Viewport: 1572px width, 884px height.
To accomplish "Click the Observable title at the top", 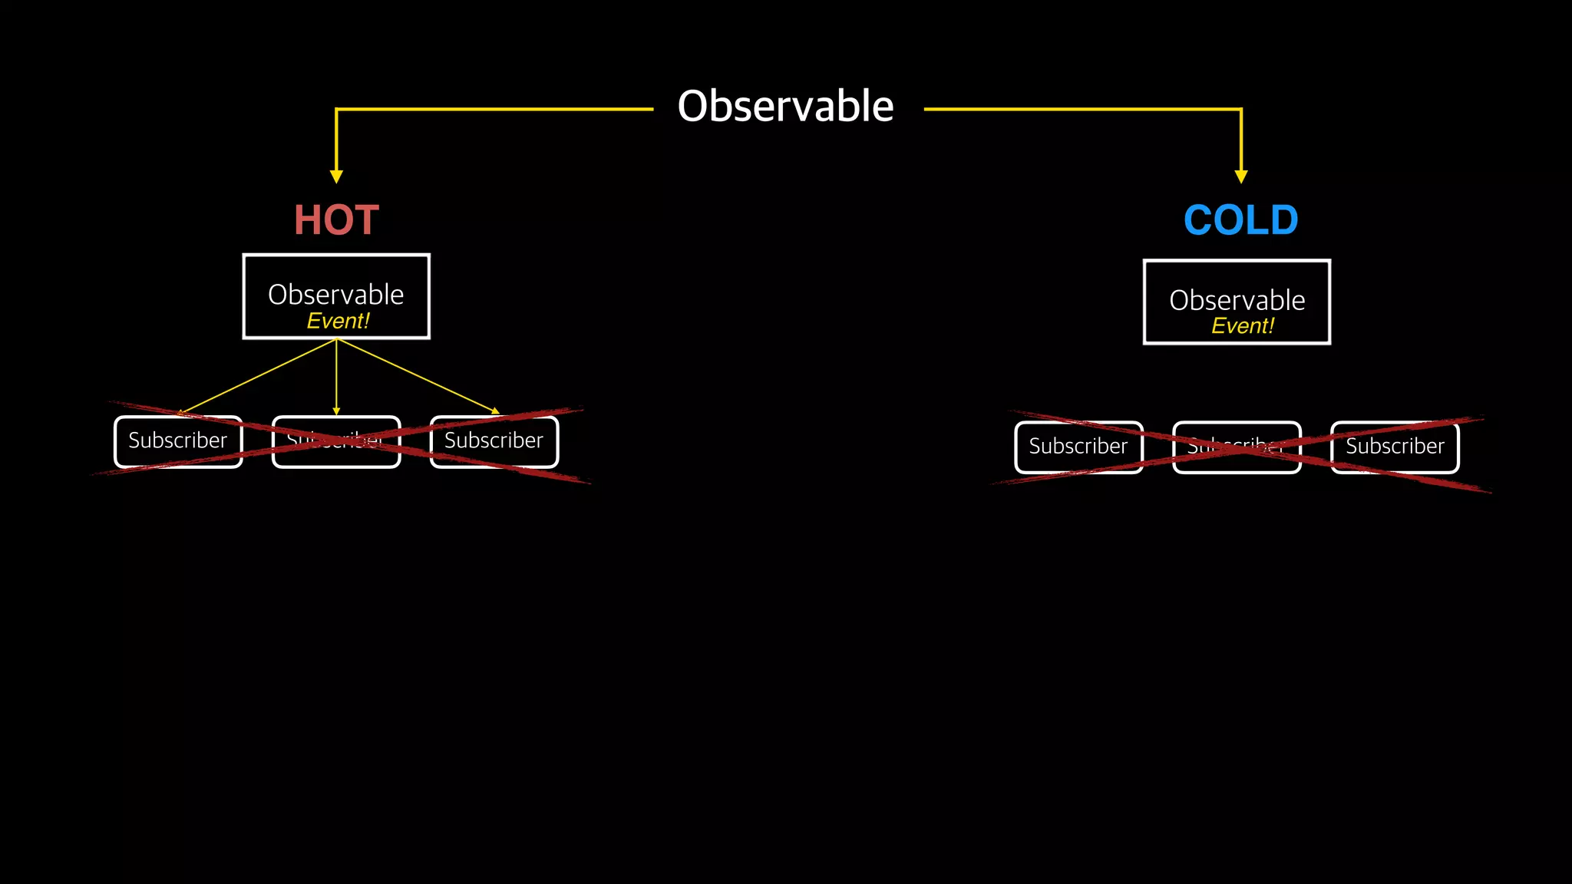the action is point(785,106).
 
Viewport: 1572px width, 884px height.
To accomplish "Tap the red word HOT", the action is point(336,220).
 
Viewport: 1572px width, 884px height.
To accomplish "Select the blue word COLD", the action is point(1240,220).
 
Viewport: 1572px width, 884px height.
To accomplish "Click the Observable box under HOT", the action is point(336,295).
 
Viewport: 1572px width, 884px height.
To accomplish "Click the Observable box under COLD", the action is point(1237,302).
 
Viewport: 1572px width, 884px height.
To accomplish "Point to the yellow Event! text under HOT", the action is point(338,321).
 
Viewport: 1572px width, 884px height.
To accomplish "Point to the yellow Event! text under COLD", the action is point(1242,326).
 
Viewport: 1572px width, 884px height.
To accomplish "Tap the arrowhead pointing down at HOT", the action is point(336,176).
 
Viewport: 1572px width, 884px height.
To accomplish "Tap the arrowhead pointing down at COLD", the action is point(1241,176).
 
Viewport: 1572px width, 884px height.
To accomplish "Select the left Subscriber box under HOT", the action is point(178,441).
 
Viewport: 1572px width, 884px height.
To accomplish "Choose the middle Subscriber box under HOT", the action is point(336,441).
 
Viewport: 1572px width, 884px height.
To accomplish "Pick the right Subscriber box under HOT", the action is point(494,441).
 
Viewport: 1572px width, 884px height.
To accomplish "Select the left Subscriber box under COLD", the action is point(1078,447).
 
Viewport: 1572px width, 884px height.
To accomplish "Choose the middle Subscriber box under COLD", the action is point(1237,447).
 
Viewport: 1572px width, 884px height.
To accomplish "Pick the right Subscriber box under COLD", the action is point(1395,447).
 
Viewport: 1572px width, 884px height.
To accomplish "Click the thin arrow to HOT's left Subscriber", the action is point(257,376).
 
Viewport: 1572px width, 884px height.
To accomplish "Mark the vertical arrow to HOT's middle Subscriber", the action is point(336,376).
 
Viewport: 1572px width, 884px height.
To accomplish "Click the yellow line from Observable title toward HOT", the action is point(491,110).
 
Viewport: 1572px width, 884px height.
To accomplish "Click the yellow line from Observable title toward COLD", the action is point(1082,110).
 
